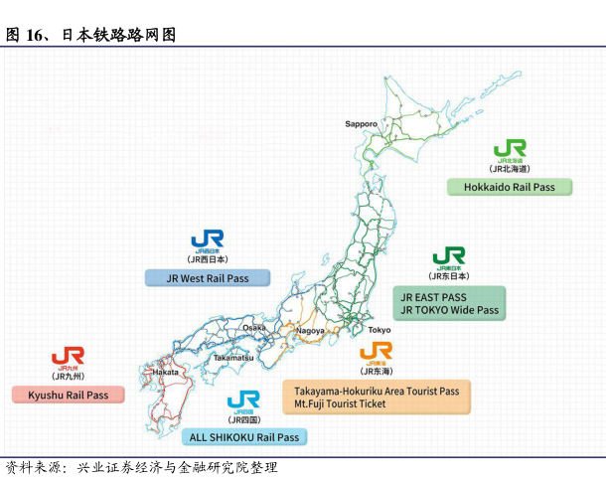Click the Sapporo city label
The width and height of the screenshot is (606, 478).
pyautogui.click(x=361, y=124)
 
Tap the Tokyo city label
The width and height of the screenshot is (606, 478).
pyautogui.click(x=379, y=330)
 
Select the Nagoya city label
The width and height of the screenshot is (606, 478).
pyautogui.click(x=310, y=330)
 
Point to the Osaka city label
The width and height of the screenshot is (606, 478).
pyautogui.click(x=254, y=327)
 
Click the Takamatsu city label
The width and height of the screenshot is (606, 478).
pyautogui.click(x=232, y=357)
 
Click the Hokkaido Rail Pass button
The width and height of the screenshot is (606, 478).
pyautogui.click(x=510, y=187)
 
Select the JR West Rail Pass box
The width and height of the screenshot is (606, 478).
pyautogui.click(x=208, y=278)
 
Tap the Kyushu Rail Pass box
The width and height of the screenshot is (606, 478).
pyautogui.click(x=68, y=395)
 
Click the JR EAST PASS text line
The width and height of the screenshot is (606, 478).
pyautogui.click(x=434, y=297)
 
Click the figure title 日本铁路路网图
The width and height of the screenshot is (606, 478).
pyautogui.click(x=118, y=35)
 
